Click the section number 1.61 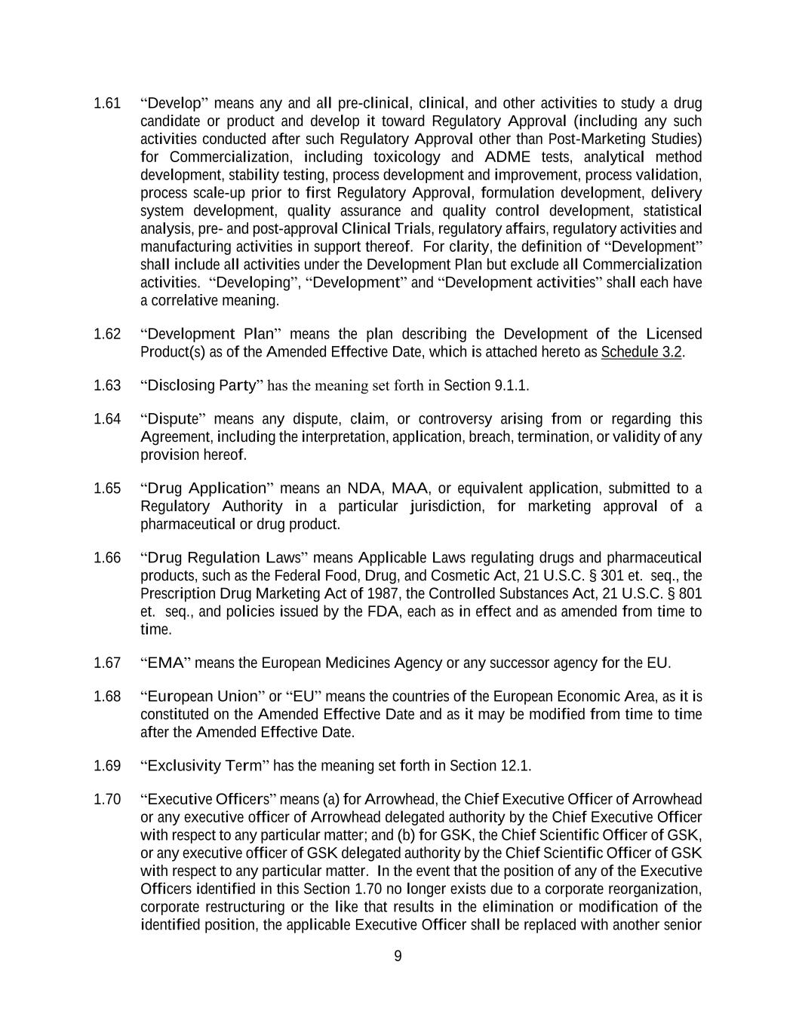pyautogui.click(x=107, y=103)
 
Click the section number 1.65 pyautogui.click(x=107, y=488)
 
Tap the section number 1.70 pyautogui.click(x=107, y=799)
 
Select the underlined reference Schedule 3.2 pyautogui.click(x=641, y=352)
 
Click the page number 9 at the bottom pyautogui.click(x=398, y=957)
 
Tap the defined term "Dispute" pyautogui.click(x=174, y=419)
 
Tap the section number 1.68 pyautogui.click(x=107, y=697)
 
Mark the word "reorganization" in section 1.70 pyautogui.click(x=655, y=889)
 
